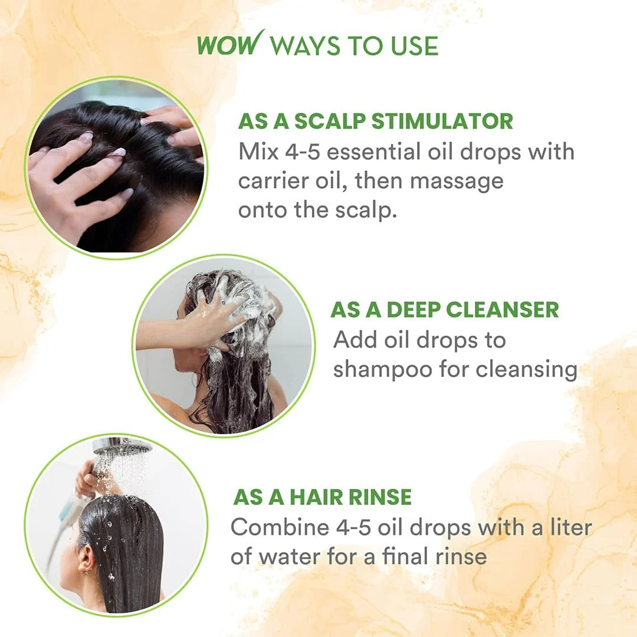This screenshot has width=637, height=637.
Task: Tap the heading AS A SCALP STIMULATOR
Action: (x=375, y=122)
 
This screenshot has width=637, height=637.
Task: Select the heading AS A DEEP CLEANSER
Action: (x=444, y=310)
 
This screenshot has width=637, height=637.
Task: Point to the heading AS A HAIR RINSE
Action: (x=322, y=497)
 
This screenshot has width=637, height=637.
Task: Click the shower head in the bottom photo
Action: (x=121, y=448)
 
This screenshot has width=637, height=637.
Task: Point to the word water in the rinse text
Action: (x=295, y=556)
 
